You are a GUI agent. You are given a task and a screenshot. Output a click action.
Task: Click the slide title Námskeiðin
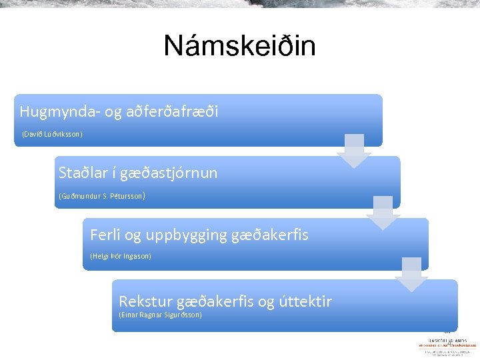tap(239, 47)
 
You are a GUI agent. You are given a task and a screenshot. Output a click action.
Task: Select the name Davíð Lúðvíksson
tap(52, 134)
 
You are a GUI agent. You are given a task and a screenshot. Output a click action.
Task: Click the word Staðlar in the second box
tap(81, 173)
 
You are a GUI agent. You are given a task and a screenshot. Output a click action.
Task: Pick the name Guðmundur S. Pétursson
tap(101, 196)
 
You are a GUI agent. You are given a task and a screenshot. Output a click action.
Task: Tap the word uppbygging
tap(185, 235)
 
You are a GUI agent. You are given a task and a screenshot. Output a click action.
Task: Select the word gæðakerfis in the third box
tap(269, 235)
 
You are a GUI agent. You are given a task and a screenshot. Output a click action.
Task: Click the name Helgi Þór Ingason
tap(121, 256)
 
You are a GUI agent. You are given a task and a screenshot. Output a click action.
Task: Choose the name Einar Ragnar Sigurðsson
tap(160, 315)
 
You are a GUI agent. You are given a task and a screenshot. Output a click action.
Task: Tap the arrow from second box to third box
tap(383, 213)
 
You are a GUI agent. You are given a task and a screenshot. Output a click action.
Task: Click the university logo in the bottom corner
tap(447, 345)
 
